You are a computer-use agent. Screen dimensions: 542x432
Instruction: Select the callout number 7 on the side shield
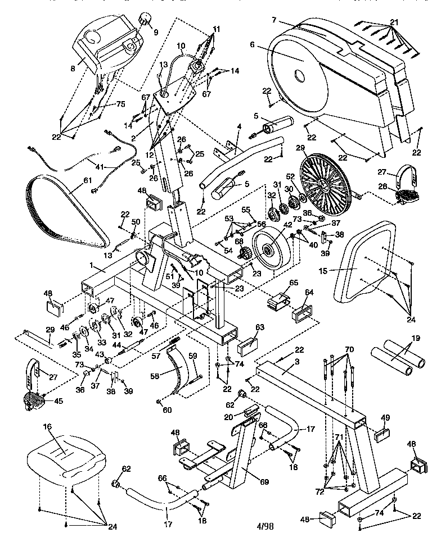(x=274, y=20)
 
